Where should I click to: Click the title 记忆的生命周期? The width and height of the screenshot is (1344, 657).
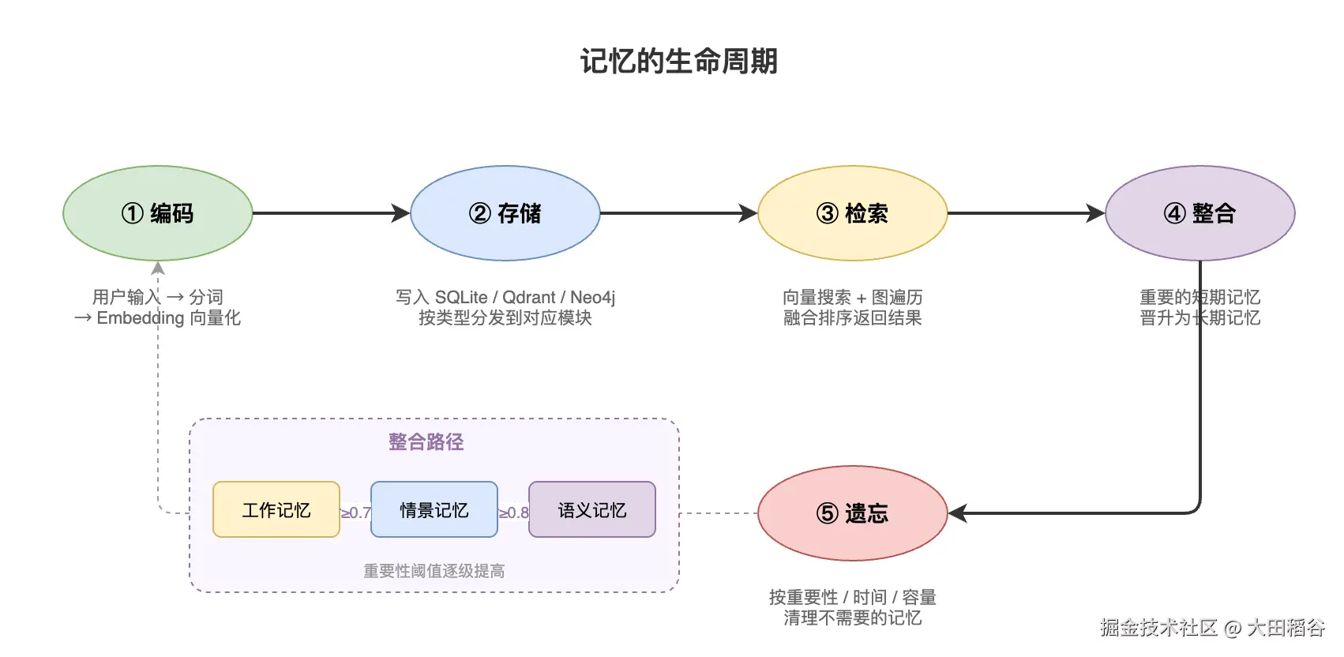[678, 62]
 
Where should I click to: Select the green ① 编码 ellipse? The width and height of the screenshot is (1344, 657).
[158, 213]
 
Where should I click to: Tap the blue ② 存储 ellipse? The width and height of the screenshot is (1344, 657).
[505, 213]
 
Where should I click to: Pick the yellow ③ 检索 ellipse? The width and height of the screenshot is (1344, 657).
[852, 213]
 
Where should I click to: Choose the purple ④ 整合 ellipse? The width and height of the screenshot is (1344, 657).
[1199, 213]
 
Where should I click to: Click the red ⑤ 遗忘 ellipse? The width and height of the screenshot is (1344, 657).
[852, 513]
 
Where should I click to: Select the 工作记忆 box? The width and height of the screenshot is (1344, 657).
[276, 510]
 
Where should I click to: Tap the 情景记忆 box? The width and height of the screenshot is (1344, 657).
[434, 510]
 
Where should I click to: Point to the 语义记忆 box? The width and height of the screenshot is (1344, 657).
[592, 510]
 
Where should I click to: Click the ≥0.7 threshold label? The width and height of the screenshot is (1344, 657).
[355, 512]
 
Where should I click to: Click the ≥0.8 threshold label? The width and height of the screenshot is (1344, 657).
[513, 512]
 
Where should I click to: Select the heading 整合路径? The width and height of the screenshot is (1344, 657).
[426, 442]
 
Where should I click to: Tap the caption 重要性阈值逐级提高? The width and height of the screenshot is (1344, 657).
[434, 571]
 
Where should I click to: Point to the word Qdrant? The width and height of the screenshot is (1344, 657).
[528, 298]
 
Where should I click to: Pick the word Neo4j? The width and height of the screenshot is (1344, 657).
[592, 298]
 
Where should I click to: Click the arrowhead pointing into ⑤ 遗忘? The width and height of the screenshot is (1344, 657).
[956, 513]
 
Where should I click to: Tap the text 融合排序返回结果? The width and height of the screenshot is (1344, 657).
[852, 318]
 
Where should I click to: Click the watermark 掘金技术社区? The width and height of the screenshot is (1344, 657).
[1158, 628]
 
